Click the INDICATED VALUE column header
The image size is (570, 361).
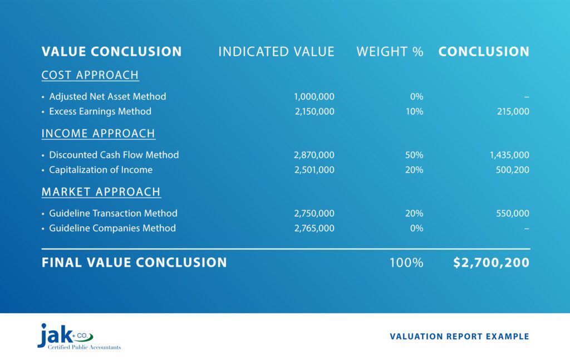(276, 52)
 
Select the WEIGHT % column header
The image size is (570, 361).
(390, 52)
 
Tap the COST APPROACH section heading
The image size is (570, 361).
(90, 75)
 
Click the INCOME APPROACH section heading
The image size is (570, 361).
(99, 134)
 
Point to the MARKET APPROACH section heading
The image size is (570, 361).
(101, 192)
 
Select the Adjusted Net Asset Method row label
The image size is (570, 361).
(107, 96)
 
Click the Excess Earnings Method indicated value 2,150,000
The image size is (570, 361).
(314, 111)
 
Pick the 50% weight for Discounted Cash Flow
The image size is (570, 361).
(415, 155)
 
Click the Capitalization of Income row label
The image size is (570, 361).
(101, 170)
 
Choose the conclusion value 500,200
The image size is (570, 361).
(512, 170)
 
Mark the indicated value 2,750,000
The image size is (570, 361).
(314, 213)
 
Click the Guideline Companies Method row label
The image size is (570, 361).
(112, 228)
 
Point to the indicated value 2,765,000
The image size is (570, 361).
(314, 228)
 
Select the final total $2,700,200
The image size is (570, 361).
(491, 262)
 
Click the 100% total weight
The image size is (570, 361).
(406, 262)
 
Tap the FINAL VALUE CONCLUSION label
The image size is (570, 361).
(134, 262)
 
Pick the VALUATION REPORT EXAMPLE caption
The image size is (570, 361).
(459, 336)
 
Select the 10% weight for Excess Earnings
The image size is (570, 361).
(415, 111)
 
